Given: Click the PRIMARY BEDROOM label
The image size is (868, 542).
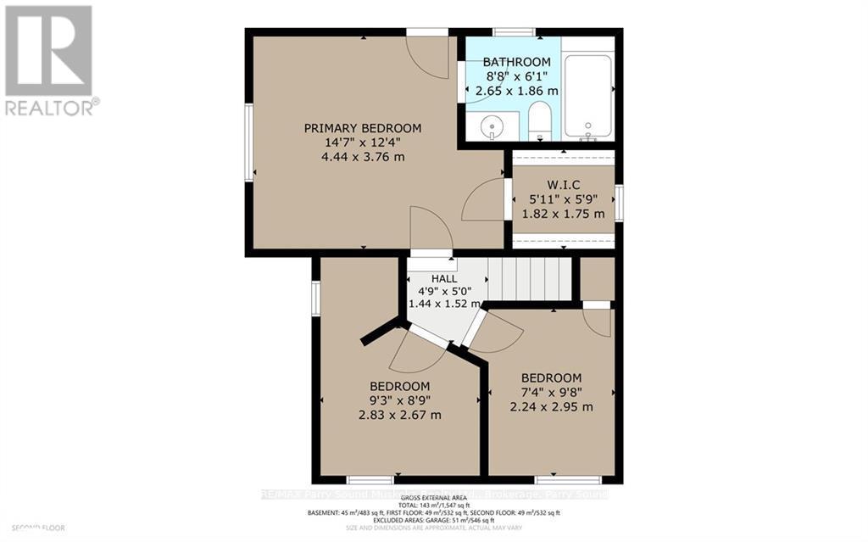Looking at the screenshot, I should (363, 128).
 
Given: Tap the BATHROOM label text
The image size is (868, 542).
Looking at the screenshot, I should (516, 62).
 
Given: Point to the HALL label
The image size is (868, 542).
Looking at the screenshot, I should (444, 278).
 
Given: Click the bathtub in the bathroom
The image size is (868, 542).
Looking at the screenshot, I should (587, 95).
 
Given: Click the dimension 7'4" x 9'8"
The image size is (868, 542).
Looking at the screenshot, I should (551, 392).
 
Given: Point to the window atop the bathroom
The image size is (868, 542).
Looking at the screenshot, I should (515, 32).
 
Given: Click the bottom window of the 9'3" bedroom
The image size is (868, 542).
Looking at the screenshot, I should (370, 479).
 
